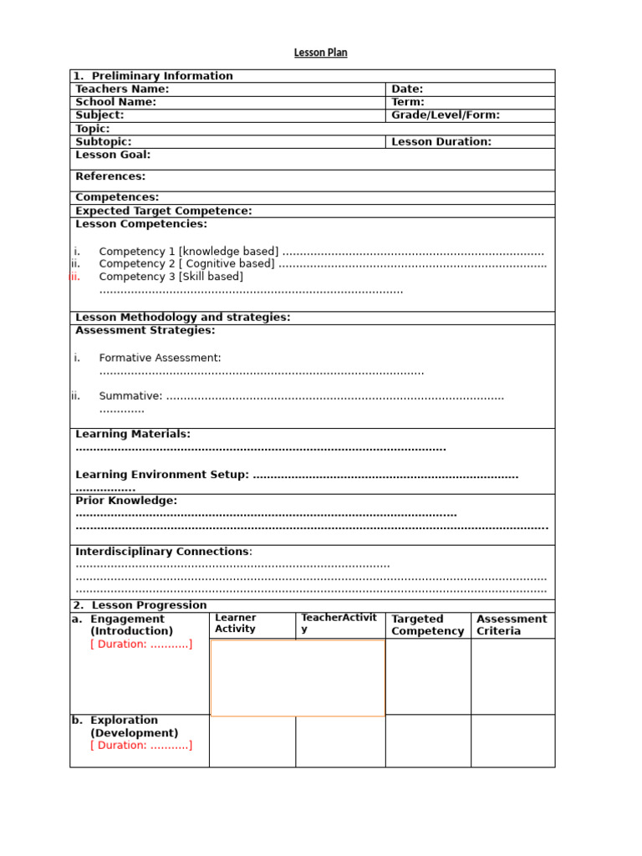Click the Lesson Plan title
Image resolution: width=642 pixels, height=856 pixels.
pos(320,53)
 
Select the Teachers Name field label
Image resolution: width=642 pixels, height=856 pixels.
pos(122,89)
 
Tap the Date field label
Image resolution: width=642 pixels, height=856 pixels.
pos(407,89)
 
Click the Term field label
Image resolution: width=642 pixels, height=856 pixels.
pos(408,102)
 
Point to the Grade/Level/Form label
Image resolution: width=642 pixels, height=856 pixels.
pos(446,115)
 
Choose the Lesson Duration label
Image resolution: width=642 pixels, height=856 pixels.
pos(441,142)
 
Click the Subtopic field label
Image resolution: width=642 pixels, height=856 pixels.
pos(104,142)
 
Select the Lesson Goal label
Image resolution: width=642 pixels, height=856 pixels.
pos(113,155)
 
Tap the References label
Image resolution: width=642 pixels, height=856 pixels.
pos(110,176)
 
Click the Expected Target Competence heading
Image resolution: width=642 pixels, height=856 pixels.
pos(163,211)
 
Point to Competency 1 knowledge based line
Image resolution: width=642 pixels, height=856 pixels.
pos(189,252)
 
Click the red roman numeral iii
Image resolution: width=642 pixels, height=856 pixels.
pos(75,277)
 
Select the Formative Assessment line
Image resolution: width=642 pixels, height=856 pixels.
pos(160,358)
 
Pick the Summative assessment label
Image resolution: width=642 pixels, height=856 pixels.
pos(130,396)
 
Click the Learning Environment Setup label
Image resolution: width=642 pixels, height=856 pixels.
pos(162,475)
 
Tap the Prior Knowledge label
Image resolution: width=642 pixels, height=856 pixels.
pos(126,501)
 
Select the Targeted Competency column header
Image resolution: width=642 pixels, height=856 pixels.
pos(427,625)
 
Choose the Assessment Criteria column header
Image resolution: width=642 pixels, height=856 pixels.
pos(512,625)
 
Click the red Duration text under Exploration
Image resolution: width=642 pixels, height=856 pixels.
pos(141,746)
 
